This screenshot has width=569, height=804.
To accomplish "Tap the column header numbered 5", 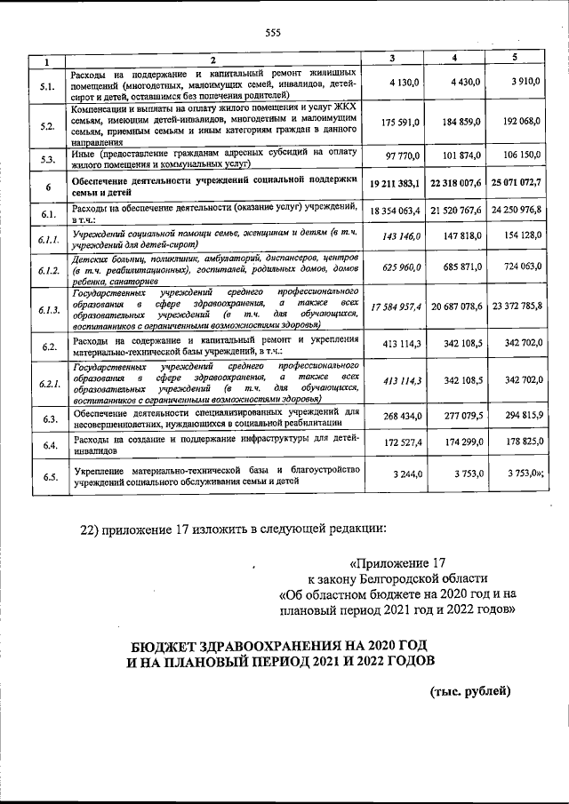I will (x=514, y=59).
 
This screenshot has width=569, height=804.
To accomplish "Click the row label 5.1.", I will (x=48, y=86).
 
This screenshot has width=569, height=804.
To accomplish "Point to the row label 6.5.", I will (x=48, y=477).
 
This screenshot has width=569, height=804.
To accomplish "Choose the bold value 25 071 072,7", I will (x=514, y=183).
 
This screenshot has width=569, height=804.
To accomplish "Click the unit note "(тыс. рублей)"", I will (x=470, y=690).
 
